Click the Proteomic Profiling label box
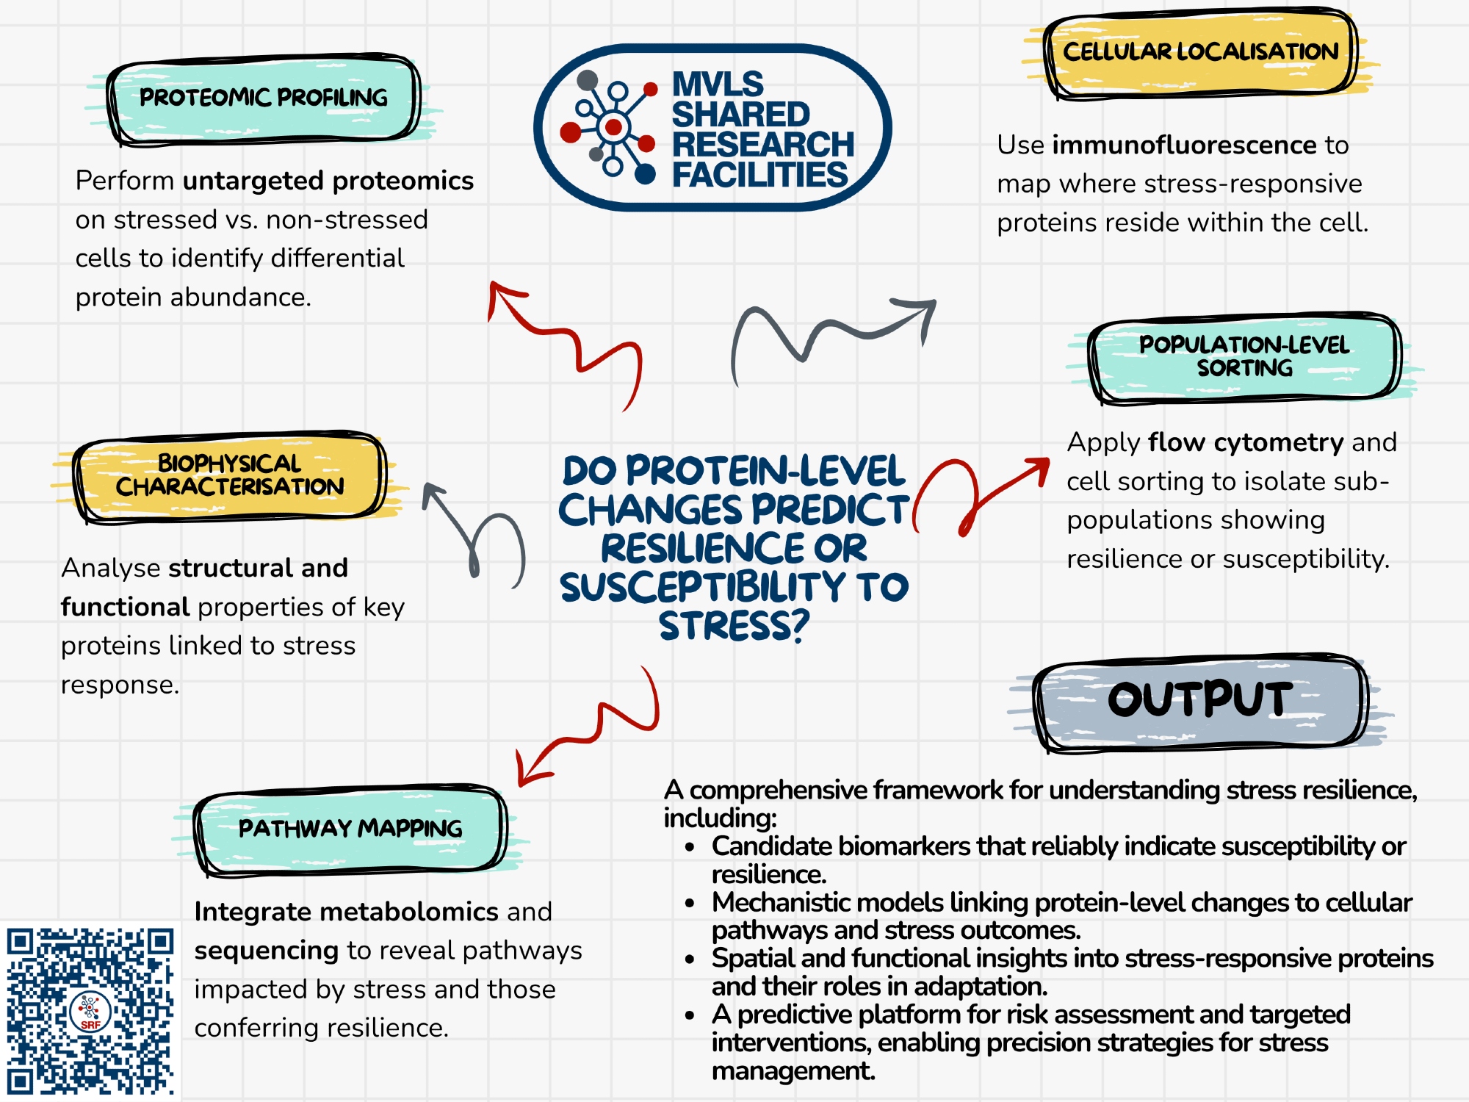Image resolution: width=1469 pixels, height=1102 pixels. point(264,98)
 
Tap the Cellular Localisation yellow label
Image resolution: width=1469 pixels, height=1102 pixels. point(1200,52)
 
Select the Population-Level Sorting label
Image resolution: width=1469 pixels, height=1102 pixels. point(1244,357)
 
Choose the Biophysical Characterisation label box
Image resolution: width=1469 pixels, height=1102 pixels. point(229,475)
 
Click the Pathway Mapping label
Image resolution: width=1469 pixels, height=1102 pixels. point(350,829)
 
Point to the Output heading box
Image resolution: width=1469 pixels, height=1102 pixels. point(1200,700)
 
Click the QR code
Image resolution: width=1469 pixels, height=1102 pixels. point(90,1010)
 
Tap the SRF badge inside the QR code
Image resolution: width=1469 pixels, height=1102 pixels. point(90,1012)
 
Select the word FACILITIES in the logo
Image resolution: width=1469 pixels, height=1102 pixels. point(759,175)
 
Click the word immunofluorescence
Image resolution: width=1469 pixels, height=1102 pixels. point(1184,145)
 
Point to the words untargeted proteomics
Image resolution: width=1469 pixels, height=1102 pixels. point(328,181)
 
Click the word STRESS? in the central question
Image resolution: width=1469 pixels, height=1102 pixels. point(733,626)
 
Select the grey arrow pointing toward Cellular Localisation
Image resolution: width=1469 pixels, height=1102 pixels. point(830,331)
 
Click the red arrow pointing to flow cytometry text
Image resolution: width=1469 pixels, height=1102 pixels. point(984,492)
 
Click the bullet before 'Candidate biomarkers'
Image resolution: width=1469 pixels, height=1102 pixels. point(690,847)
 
